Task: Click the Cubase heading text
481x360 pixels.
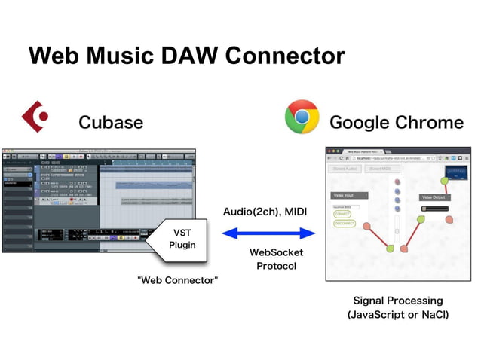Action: click(x=111, y=122)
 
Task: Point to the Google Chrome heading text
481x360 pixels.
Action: click(x=397, y=122)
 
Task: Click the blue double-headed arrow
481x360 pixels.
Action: click(x=265, y=234)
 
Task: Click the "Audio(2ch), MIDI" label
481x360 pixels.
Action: click(x=265, y=212)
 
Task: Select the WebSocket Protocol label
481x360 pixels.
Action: click(x=276, y=259)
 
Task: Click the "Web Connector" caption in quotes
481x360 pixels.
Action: click(x=178, y=281)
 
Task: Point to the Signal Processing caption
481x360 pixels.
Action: click(x=397, y=301)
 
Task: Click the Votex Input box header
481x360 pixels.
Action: click(x=344, y=195)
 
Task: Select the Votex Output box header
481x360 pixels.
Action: click(x=434, y=197)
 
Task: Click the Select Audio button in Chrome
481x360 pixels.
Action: click(x=345, y=169)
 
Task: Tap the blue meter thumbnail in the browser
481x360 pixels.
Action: click(x=456, y=175)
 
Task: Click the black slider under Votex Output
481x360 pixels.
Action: click(x=434, y=209)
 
